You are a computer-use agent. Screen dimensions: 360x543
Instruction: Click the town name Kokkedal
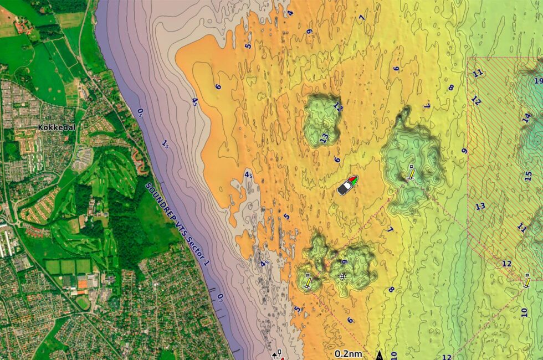pyautogui.click(x=57, y=127)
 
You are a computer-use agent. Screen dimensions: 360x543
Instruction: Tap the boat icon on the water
pyautogui.click(x=348, y=185)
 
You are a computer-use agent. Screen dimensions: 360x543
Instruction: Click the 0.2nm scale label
pyautogui.click(x=349, y=354)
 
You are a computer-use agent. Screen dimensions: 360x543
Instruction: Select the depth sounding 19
pyautogui.click(x=538, y=81)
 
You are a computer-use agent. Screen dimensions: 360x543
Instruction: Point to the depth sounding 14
pyautogui.click(x=526, y=117)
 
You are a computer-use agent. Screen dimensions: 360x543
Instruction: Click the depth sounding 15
pyautogui.click(x=528, y=176)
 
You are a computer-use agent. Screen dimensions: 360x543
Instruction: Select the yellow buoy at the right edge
pyautogui.click(x=526, y=282)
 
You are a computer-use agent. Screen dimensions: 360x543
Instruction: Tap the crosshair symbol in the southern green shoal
pyautogui.click(x=342, y=276)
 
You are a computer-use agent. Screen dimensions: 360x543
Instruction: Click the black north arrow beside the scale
pyautogui.click(x=380, y=354)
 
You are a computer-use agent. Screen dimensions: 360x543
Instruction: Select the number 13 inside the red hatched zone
pyautogui.click(x=480, y=207)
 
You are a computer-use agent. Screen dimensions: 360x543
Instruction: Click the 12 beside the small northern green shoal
pyautogui.click(x=338, y=107)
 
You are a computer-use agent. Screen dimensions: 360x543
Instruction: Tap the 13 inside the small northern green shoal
pyautogui.click(x=324, y=137)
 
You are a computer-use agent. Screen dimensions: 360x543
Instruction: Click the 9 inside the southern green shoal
pyautogui.click(x=344, y=262)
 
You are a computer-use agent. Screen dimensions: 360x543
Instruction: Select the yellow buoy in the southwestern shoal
pyautogui.click(x=308, y=281)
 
